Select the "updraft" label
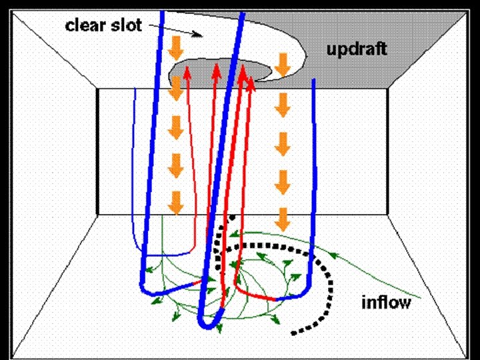357,49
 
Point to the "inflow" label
387,303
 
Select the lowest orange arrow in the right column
283,218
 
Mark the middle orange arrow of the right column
283,141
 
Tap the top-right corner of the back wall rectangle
387,89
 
